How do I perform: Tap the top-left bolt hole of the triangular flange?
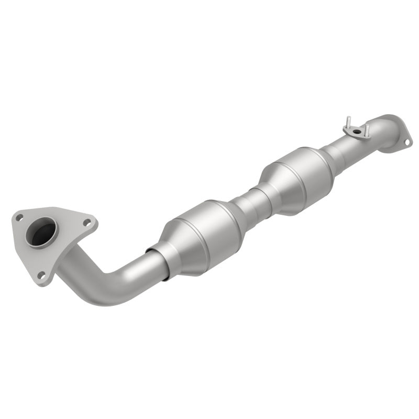[19, 217]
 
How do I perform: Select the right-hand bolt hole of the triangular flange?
[87, 223]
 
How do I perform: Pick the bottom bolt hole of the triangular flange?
[41, 274]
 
